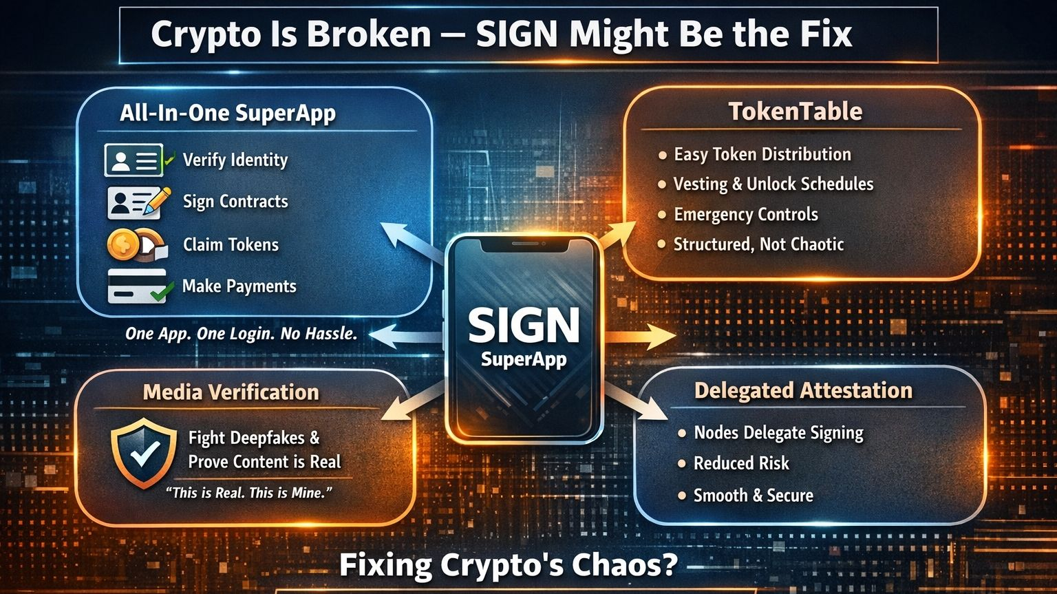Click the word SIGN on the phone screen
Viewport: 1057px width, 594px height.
pyautogui.click(x=524, y=325)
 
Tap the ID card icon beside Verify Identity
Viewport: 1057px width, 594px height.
pyautogui.click(x=134, y=160)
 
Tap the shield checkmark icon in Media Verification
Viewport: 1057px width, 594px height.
pyautogui.click(x=145, y=452)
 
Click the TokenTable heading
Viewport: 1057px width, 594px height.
pyautogui.click(x=795, y=112)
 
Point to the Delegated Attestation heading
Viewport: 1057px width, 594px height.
pyautogui.click(x=803, y=390)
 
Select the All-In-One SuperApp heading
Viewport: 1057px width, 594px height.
pyautogui.click(x=228, y=113)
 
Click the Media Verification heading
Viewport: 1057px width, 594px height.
pyautogui.click(x=231, y=392)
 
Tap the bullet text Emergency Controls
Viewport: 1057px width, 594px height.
pyautogui.click(x=745, y=215)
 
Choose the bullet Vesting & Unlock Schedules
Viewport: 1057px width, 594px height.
pyautogui.click(x=773, y=184)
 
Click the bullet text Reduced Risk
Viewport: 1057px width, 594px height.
pyautogui.click(x=741, y=463)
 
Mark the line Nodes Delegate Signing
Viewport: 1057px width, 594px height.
pyautogui.click(x=778, y=433)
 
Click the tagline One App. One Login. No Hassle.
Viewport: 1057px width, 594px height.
pyautogui.click(x=241, y=335)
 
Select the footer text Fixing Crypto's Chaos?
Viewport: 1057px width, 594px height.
pyautogui.click(x=509, y=565)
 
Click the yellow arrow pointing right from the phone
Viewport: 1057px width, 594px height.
pyautogui.click(x=643, y=337)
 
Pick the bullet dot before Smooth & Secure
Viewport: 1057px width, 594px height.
pyautogui.click(x=682, y=496)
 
